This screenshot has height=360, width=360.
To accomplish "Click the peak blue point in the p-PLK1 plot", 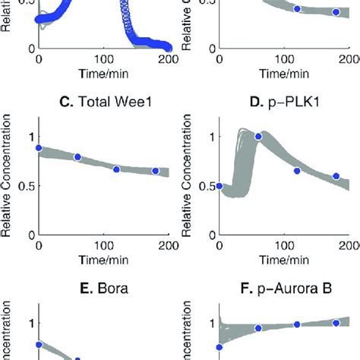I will tap(258, 136).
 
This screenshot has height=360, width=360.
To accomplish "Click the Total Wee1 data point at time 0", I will tap(39, 148).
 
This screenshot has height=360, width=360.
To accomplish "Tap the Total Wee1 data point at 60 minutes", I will tap(77, 157).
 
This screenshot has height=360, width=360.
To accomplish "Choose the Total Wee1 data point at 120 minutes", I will tap(116, 169).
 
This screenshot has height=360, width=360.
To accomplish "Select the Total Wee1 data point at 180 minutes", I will tap(155, 171).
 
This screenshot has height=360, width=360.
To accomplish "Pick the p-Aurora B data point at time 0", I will tap(219, 347).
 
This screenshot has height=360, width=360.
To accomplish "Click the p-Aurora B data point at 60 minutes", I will tap(258, 328).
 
